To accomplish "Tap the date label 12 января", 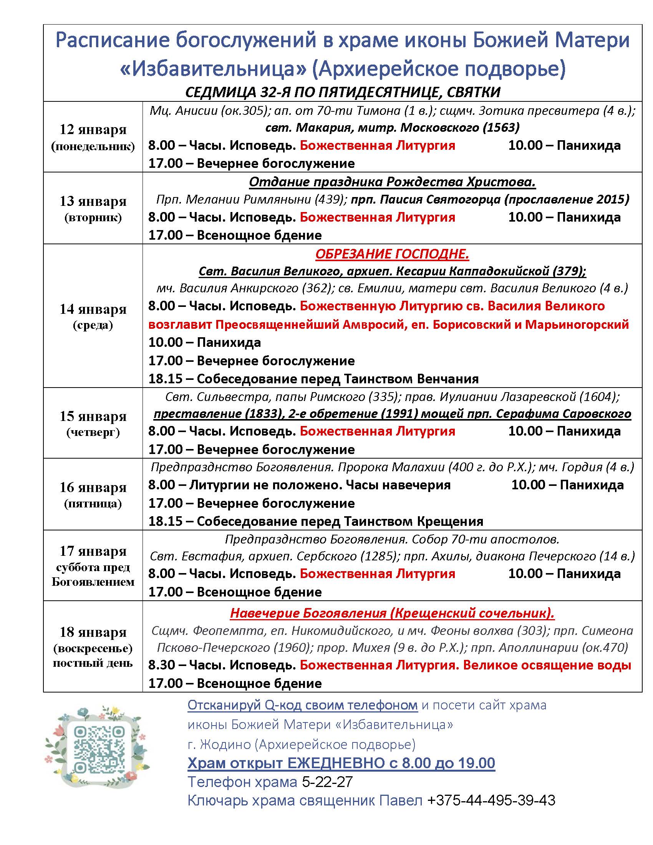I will pyautogui.click(x=93, y=129).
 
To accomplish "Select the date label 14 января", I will pyautogui.click(x=93, y=309).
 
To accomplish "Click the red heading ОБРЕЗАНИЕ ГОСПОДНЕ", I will pyautogui.click(x=392, y=254).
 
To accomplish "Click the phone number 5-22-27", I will pyautogui.click(x=327, y=782).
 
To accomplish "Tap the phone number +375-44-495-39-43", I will pyautogui.click(x=491, y=800).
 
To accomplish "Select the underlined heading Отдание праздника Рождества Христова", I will pyautogui.click(x=392, y=182).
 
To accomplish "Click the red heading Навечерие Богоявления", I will pyautogui.click(x=392, y=613).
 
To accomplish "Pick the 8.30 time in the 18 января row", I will pyautogui.click(x=160, y=665).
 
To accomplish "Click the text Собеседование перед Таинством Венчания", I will pyautogui.click(x=337, y=378).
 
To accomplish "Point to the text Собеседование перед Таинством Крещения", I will pyautogui.click(x=340, y=521).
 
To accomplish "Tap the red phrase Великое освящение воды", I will pyautogui.click(x=547, y=665).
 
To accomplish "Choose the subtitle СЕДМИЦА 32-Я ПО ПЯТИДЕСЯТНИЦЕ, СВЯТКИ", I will pyautogui.click(x=343, y=92).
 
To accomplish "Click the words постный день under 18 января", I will pyautogui.click(x=93, y=663).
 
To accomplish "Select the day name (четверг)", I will pyautogui.click(x=93, y=432).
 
